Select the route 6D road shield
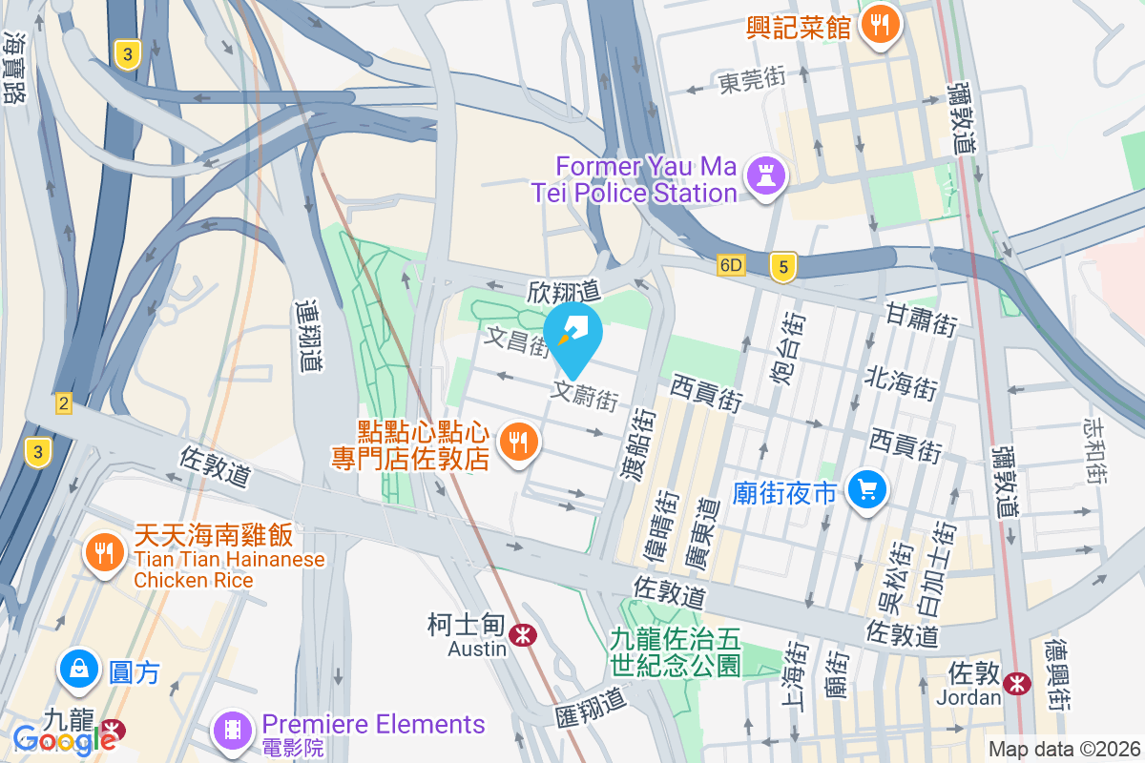tap(732, 265)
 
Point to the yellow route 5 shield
tap(783, 269)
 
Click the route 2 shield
tap(63, 404)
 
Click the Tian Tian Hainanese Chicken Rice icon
tap(104, 552)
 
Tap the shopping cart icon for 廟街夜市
tap(866, 490)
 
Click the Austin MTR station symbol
tap(521, 635)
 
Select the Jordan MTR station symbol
tap(1018, 683)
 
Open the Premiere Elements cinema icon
tap(233, 730)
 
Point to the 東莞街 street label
tap(752, 81)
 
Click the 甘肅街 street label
tap(921, 319)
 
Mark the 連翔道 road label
tap(307, 336)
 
